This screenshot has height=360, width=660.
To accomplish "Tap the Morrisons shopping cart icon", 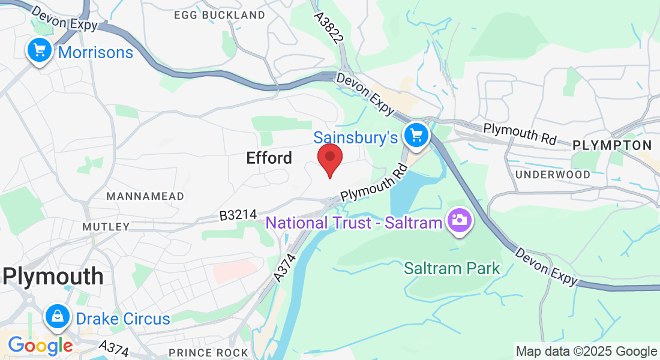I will (x=40, y=50).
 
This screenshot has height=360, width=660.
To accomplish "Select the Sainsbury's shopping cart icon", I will (x=416, y=135).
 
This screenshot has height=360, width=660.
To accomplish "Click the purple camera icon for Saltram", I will (x=460, y=220).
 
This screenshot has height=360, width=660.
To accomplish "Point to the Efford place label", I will (x=269, y=158).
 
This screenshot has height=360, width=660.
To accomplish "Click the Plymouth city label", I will (x=53, y=277).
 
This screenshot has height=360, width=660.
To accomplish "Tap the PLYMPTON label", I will (x=612, y=145).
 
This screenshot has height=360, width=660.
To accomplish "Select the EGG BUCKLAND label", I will (x=219, y=14).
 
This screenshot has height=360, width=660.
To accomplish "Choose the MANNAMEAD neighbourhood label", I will (x=135, y=196).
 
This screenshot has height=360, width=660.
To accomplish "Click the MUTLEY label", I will (x=106, y=227).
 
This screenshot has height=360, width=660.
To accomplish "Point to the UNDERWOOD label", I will (x=553, y=174).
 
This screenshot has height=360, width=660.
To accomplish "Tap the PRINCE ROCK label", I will (x=208, y=352).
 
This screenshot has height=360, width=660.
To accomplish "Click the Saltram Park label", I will (x=452, y=268).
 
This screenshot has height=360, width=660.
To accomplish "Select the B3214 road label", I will (x=238, y=214).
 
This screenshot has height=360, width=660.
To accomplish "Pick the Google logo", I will (x=40, y=345).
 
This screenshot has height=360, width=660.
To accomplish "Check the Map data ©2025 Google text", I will (x=587, y=352).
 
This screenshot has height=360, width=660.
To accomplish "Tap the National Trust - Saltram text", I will (x=355, y=223).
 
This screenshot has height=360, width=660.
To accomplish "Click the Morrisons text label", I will (x=95, y=52).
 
